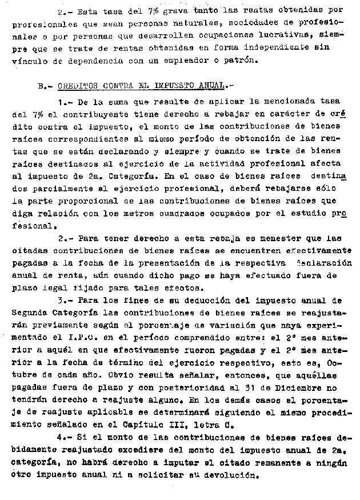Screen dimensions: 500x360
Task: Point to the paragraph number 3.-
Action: (66, 301)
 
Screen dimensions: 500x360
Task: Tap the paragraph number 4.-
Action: (66, 438)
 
